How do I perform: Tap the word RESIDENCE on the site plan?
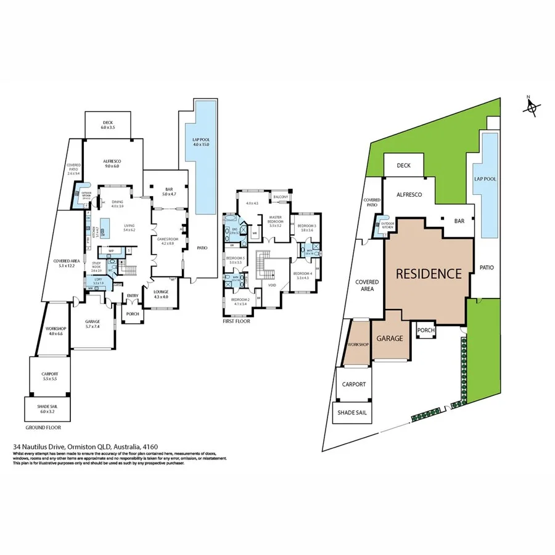[429, 273]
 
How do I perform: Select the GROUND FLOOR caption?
[43, 427]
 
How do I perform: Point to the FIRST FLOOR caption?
[237, 321]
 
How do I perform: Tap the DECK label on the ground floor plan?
[108, 123]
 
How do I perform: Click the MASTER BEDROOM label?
[275, 220]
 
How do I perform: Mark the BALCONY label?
[281, 197]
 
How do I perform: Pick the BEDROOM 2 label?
[240, 300]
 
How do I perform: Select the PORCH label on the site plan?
[426, 331]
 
